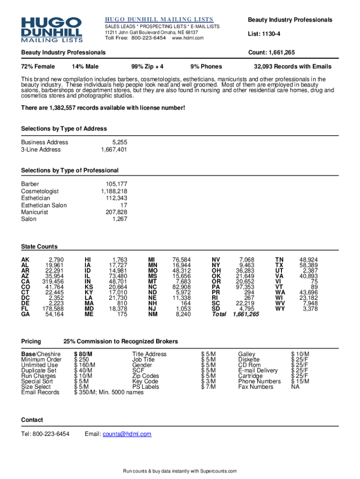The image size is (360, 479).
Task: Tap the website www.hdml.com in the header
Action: tap(188, 38)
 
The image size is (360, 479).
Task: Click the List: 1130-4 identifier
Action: tap(264, 34)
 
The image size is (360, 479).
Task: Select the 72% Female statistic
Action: tap(38, 66)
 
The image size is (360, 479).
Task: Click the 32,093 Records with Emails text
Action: tap(292, 66)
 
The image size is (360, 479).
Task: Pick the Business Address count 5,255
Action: tap(119, 142)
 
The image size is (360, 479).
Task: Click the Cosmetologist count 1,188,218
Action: tap(114, 191)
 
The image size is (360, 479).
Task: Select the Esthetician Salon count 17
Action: tap(123, 205)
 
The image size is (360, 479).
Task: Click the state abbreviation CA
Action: tap(25, 282)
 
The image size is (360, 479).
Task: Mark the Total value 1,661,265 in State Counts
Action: tap(246, 314)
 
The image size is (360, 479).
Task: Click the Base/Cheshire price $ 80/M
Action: tap(83, 354)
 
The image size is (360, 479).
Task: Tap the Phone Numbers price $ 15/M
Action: tap(300, 381)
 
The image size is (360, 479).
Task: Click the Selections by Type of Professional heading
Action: tap(70, 170)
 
